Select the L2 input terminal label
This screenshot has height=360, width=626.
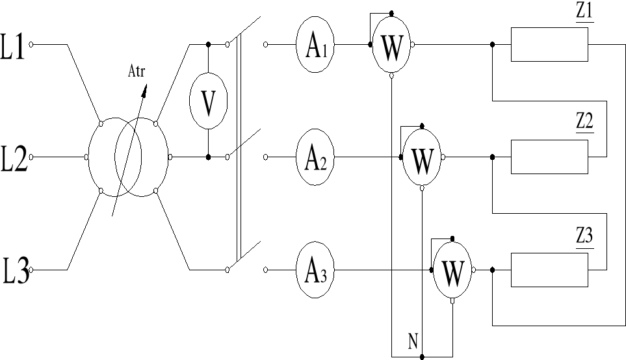tap(14, 158)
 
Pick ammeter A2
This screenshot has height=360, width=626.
tap(316, 158)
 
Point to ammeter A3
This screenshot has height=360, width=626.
tap(316, 270)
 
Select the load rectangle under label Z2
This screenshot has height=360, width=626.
tap(549, 157)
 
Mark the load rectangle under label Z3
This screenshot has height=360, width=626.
tap(549, 270)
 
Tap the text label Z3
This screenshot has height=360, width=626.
tap(584, 237)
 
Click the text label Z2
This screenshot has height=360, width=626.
tap(584, 123)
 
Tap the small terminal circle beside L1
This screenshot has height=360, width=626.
tap(32, 45)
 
